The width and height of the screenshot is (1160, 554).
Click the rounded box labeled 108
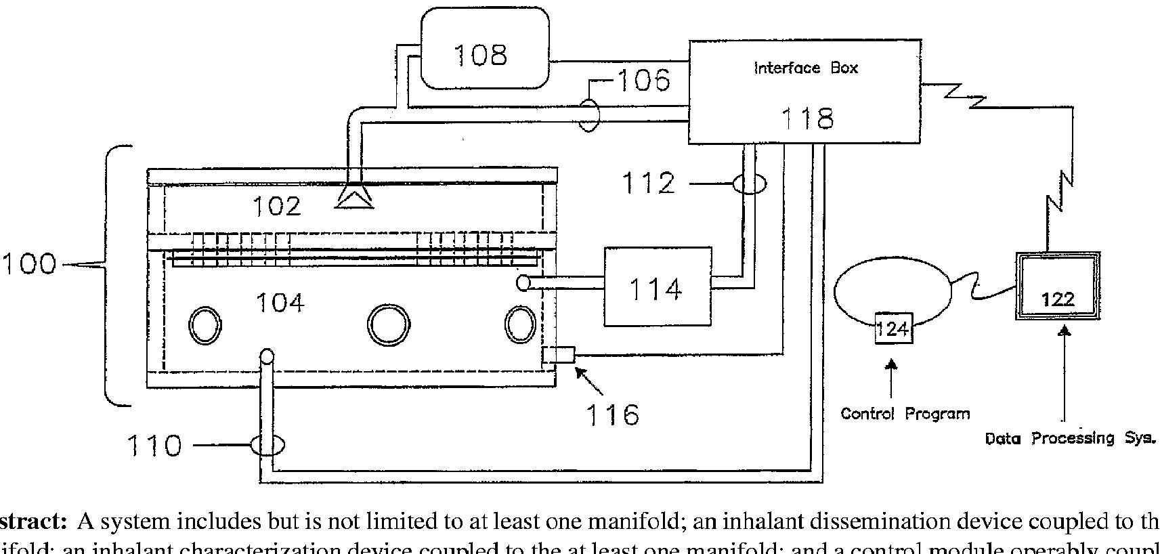[484, 48]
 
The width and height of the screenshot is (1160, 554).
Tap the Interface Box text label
[805, 68]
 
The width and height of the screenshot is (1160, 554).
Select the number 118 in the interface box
[807, 119]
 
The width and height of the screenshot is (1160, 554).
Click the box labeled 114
[657, 286]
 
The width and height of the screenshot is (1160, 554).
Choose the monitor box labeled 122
[1057, 286]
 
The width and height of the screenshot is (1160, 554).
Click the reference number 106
[643, 81]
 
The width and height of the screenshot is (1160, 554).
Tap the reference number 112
[648, 183]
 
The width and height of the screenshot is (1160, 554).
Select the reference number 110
[154, 446]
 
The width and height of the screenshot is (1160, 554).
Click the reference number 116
[612, 414]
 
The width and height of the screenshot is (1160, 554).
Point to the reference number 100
[28, 263]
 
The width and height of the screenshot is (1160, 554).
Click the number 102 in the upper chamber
[276, 206]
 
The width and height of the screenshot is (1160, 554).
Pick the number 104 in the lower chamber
[280, 302]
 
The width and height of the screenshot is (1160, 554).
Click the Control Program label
[905, 413]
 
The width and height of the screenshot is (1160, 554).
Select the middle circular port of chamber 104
[388, 324]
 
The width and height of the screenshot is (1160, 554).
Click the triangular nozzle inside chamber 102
[354, 196]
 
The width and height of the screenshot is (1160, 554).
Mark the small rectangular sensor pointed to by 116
[559, 356]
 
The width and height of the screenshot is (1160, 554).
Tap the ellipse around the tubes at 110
[267, 445]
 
